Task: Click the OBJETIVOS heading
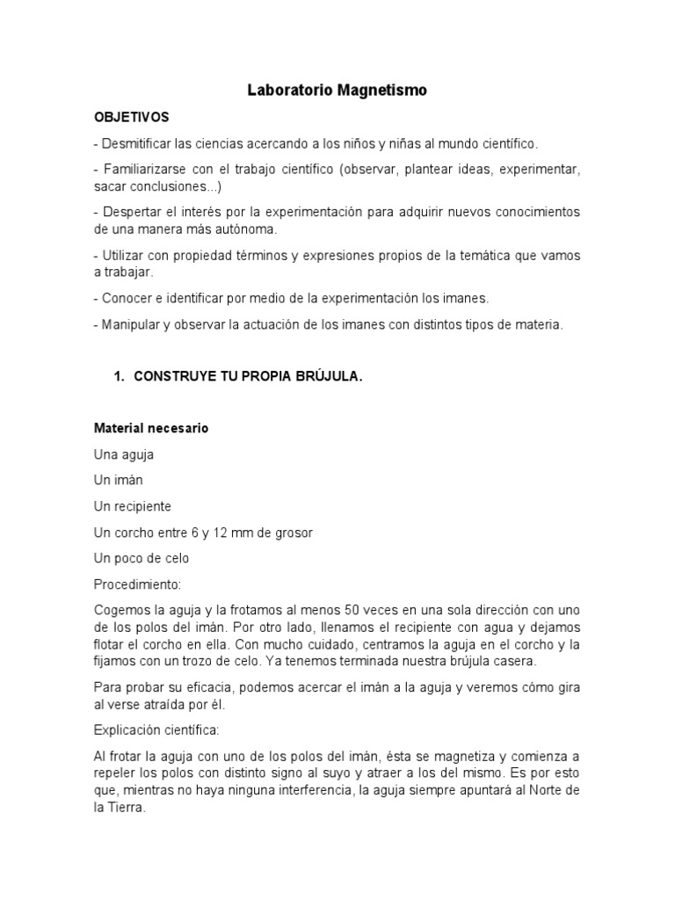[131, 117]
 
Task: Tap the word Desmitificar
[137, 142]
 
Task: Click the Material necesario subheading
[151, 429]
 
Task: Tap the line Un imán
[119, 481]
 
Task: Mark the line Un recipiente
[133, 506]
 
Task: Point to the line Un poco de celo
[142, 558]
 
